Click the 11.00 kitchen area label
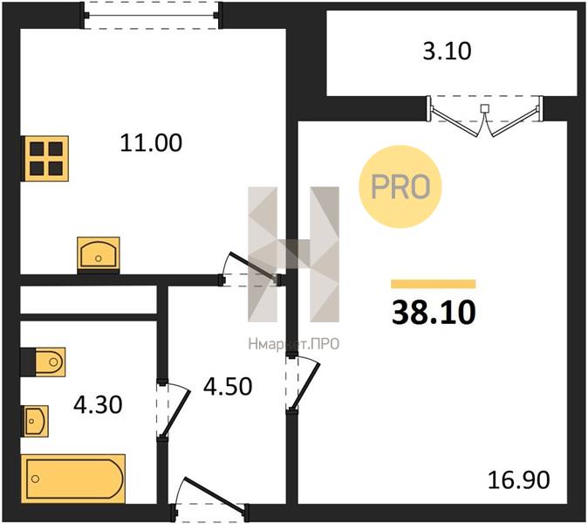(x=151, y=143)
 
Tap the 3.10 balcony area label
(x=447, y=51)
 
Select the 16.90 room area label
(x=518, y=479)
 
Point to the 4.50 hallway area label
(x=228, y=387)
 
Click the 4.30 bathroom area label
(x=98, y=405)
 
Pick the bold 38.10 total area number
(x=434, y=313)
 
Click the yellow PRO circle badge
(x=400, y=187)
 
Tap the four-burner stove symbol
(x=45, y=158)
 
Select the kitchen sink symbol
(x=99, y=253)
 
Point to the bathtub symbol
(x=73, y=479)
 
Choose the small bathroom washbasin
(x=36, y=421)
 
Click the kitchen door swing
(x=250, y=268)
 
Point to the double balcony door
(x=485, y=116)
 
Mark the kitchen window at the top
(x=151, y=15)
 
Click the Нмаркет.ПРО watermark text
(x=294, y=344)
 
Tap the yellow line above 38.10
(x=433, y=284)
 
